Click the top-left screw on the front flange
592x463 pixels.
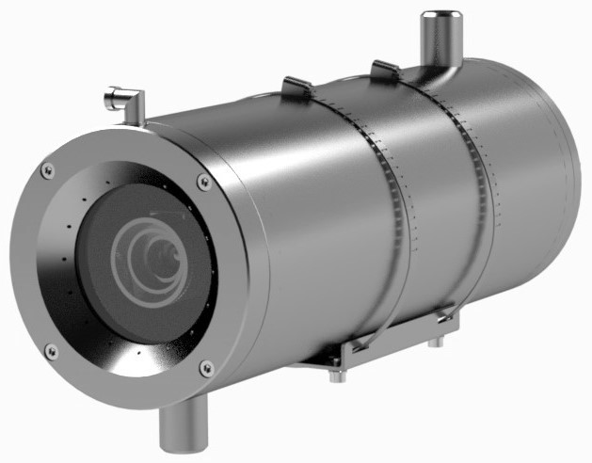tap(48, 170)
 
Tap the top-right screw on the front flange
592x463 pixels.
tap(204, 182)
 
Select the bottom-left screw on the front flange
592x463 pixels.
tap(51, 351)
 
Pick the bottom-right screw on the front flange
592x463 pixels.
tap(206, 368)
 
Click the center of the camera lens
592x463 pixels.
tap(156, 254)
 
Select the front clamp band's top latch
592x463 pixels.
tap(298, 88)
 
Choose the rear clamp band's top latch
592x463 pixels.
tap(387, 71)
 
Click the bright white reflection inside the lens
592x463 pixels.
tap(160, 235)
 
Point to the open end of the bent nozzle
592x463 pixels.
tap(110, 96)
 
